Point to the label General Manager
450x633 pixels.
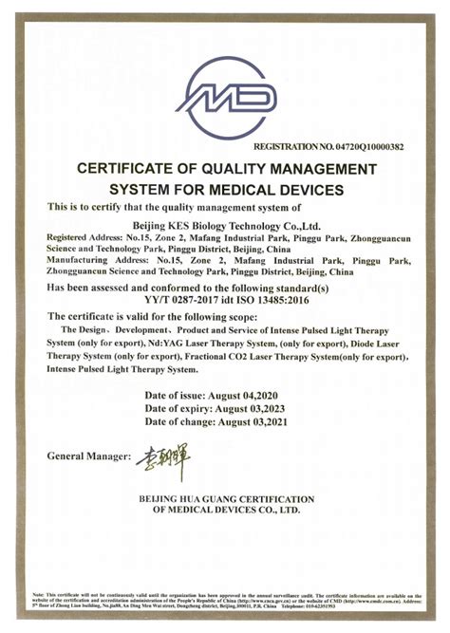[x=88, y=456]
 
